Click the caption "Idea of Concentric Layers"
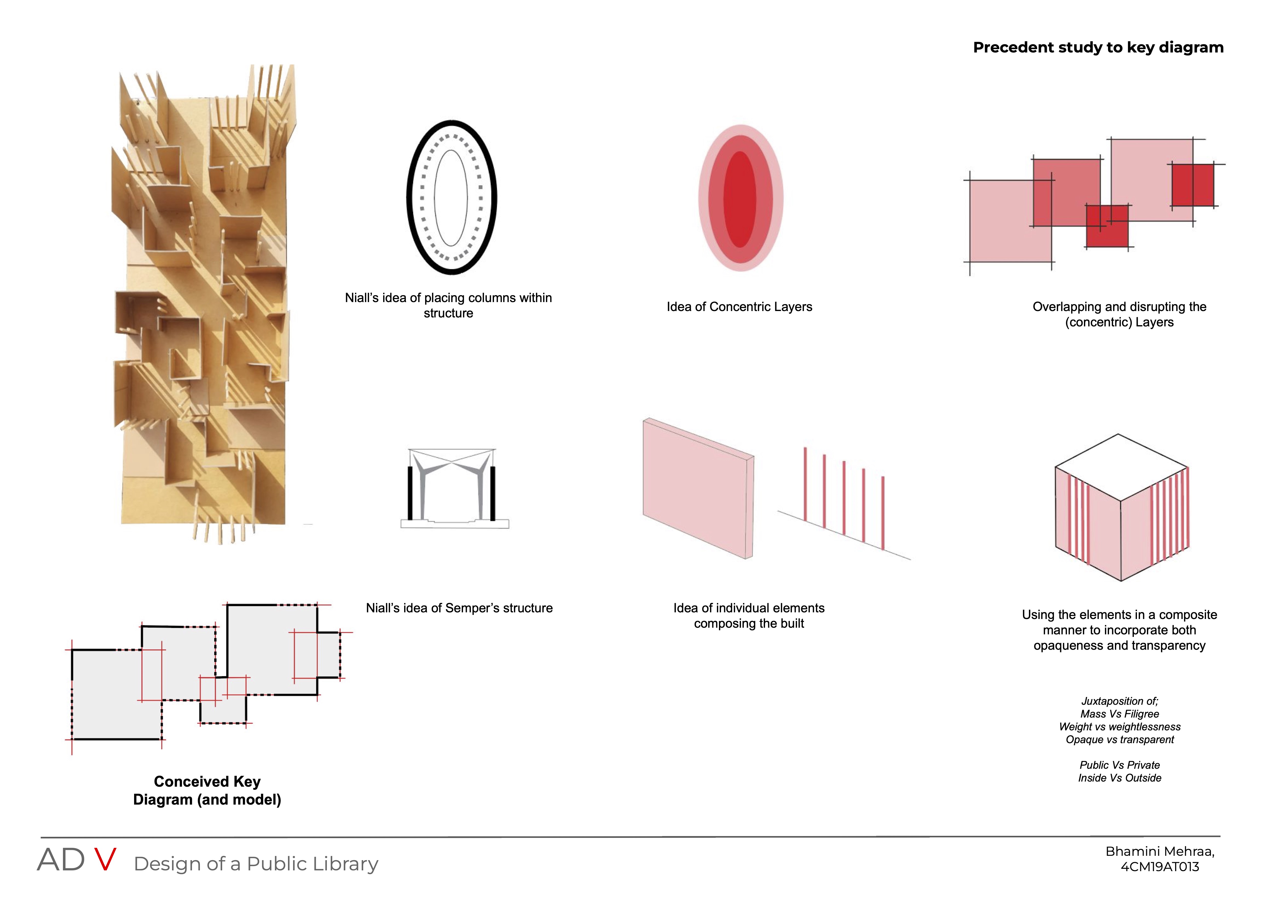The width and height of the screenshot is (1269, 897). pos(739,307)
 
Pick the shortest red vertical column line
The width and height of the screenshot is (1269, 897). pos(883,513)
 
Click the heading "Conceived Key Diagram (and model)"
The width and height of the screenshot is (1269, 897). pos(207,790)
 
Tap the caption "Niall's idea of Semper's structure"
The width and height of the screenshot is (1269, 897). pos(459,608)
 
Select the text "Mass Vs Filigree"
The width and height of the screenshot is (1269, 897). pos(1120,714)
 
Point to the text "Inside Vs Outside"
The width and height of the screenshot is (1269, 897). pos(1120,778)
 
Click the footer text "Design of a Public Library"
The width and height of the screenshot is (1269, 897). pos(256,863)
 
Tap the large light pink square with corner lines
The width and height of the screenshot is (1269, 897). pos(1010,221)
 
